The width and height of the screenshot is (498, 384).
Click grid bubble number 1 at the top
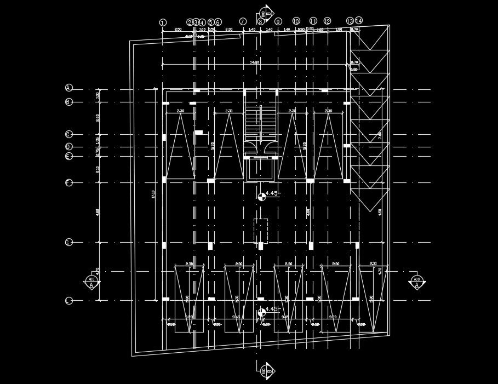pyautogui.click(x=162, y=22)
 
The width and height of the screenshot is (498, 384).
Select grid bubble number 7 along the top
pyautogui.click(x=243, y=22)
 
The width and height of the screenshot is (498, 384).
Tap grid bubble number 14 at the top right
pyautogui.click(x=359, y=21)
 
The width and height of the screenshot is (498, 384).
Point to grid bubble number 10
pyautogui.click(x=296, y=21)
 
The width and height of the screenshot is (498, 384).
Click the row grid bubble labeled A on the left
pyautogui.click(x=68, y=88)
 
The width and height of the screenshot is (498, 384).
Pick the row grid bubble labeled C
pyautogui.click(x=68, y=134)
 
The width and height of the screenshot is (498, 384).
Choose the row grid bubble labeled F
pyautogui.click(x=68, y=182)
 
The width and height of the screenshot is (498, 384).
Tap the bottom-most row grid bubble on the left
pyautogui.click(x=68, y=301)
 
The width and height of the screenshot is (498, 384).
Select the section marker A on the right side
pyautogui.click(x=417, y=283)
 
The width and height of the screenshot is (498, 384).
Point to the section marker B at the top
pyautogui.click(x=264, y=14)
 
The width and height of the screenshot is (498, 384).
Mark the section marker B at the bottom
pyautogui.click(x=264, y=370)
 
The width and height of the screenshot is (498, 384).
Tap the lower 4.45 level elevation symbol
pyautogui.click(x=261, y=313)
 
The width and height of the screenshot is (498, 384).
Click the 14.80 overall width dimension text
pyautogui.click(x=254, y=62)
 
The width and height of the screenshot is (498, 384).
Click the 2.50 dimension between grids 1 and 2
pyautogui.click(x=178, y=29)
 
